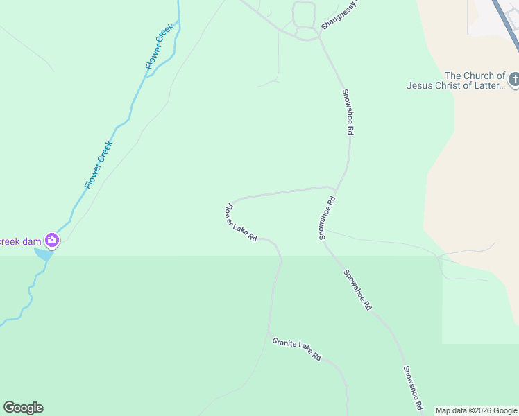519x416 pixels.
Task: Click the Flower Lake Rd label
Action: [x=241, y=223]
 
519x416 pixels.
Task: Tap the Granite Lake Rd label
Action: [x=297, y=348]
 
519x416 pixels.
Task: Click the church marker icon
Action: [x=514, y=80]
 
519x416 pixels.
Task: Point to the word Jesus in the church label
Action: [x=420, y=86]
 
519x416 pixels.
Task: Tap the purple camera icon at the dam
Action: [x=52, y=241]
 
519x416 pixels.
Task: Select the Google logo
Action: [x=23, y=408]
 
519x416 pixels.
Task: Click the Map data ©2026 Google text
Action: [x=476, y=410]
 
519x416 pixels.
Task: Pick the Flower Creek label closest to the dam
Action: [x=99, y=165]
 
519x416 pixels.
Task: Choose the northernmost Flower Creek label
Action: [x=159, y=47]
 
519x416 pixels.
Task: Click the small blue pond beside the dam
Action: [x=42, y=254]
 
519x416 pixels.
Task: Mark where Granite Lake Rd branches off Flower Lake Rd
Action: [x=269, y=334]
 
